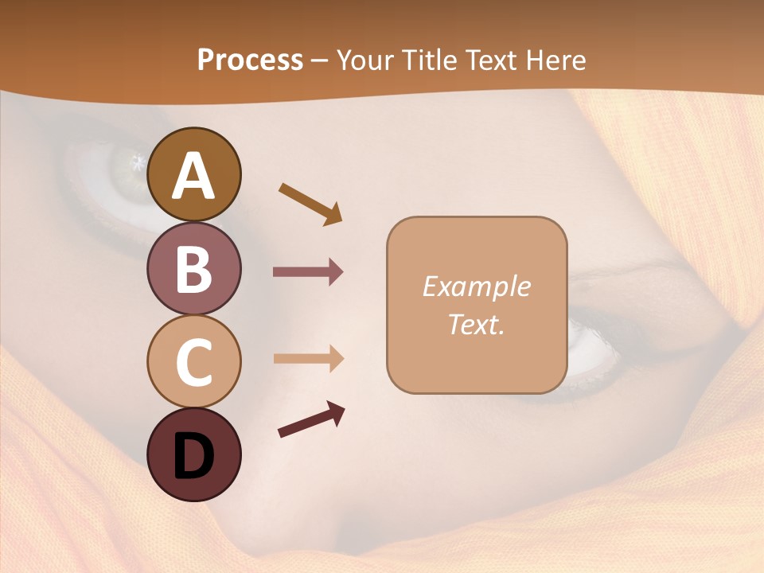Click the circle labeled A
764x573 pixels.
coord(194,174)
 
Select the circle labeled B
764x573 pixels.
coord(194,268)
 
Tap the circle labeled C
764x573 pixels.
coord(194,361)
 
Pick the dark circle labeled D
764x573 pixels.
coord(194,454)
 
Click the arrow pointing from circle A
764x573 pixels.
coord(310,203)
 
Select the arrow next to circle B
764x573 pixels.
coord(308,272)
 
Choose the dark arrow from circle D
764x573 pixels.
coord(311,420)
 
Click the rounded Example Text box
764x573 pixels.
coord(477,305)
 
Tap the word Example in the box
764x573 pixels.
coord(477,286)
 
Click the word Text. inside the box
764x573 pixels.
coord(477,324)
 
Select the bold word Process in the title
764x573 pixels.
coord(250,60)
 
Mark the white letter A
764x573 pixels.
coord(194,176)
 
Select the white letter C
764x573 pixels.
coord(194,363)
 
